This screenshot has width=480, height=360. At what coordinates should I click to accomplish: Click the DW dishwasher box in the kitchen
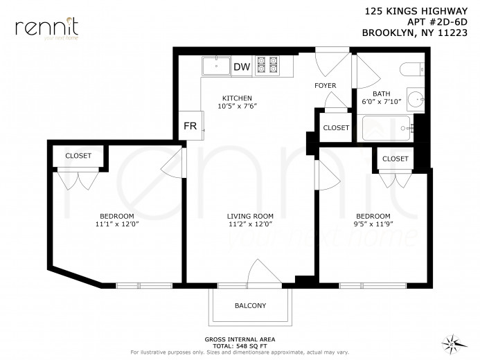point(241,66)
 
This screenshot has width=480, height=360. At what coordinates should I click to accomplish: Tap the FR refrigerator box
point(189,126)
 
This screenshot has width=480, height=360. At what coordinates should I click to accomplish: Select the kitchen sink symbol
point(216,66)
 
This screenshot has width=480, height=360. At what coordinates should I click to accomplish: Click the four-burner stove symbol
point(268,66)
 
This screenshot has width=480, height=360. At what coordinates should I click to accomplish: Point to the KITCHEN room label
point(237,98)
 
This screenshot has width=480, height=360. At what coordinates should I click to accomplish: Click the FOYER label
point(325,86)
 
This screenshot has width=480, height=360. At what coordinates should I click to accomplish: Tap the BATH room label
point(382,93)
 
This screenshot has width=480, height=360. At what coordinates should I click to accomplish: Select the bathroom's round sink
point(415,99)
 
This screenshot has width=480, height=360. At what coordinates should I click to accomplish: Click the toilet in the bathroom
point(412,70)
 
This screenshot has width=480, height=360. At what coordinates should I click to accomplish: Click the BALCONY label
point(250,305)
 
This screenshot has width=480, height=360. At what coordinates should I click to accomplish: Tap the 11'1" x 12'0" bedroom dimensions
point(117,224)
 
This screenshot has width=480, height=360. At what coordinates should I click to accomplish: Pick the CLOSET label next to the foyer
point(336,127)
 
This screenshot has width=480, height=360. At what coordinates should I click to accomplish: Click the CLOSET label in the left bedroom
point(78,156)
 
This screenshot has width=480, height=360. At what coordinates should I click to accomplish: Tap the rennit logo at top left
point(46,28)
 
